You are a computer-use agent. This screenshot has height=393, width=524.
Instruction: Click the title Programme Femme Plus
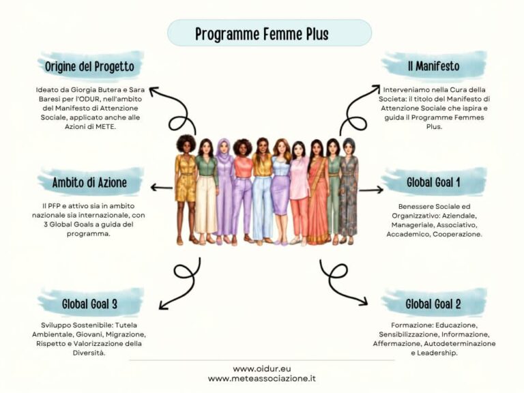coord(262,33)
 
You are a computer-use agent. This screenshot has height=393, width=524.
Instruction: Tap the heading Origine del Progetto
coord(89,66)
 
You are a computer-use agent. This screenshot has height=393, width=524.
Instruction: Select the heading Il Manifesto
coord(433,65)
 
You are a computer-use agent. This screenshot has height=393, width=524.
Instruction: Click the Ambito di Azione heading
coord(89,182)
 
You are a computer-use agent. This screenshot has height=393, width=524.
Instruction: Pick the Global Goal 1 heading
coord(433,182)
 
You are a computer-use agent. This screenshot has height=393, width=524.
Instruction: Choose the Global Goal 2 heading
coord(433,304)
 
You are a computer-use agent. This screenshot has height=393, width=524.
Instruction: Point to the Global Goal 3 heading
coord(89,304)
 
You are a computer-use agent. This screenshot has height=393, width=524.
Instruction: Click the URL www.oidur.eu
coord(262,369)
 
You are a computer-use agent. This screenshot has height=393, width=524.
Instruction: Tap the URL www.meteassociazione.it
coord(262,379)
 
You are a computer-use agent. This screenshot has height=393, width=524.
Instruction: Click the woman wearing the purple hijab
coord(224,191)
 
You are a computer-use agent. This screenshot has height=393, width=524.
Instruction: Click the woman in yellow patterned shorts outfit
coord(186,190)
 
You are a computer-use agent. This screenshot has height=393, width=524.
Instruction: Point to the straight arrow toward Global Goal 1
coord(371,190)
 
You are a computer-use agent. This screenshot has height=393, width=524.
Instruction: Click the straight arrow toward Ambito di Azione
coord(162,188)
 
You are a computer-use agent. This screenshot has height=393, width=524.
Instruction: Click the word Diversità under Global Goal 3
coord(89,353)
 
